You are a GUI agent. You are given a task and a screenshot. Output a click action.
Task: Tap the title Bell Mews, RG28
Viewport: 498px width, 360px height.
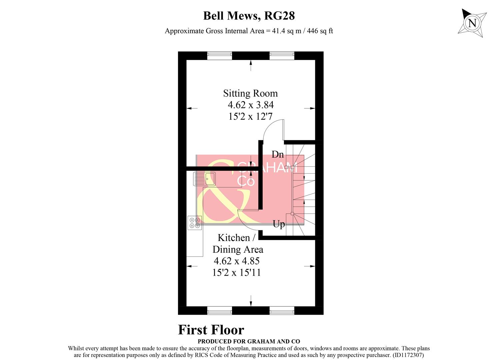coord(249,16)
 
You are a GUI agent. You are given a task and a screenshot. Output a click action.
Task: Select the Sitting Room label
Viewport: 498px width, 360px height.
coord(250,93)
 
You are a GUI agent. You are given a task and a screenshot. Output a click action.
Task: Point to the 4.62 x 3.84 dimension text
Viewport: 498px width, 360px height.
coord(251,105)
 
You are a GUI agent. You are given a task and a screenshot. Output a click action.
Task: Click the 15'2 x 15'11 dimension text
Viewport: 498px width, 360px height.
coord(236,273)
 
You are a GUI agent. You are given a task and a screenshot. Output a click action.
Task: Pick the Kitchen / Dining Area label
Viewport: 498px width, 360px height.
coord(238,244)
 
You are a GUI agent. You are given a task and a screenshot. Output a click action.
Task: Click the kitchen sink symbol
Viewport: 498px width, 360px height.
coord(204,179)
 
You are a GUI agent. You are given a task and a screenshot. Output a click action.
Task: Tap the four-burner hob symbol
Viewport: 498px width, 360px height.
coord(195,223)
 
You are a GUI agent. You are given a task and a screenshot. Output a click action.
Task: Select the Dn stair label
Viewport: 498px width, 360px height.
coord(278,154)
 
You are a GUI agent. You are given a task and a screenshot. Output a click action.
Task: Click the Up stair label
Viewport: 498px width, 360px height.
coord(279,224)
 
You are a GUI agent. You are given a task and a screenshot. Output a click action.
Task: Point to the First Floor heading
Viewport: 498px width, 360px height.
coord(211,330)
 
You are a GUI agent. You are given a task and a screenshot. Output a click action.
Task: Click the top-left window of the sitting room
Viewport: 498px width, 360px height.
coord(219,56)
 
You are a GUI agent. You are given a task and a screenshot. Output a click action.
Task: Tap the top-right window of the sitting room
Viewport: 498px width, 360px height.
coord(282,56)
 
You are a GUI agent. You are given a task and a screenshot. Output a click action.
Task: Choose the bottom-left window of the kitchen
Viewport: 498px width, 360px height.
coord(219,311)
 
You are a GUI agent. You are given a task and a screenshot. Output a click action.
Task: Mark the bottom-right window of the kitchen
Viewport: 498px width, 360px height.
coord(282,311)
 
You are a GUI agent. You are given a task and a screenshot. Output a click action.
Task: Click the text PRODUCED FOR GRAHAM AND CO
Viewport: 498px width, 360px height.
coord(249,341)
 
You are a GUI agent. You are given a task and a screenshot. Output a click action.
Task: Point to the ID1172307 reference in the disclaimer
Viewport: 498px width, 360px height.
coord(408,355)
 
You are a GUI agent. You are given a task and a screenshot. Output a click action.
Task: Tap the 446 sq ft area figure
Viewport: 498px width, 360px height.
coord(320,31)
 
